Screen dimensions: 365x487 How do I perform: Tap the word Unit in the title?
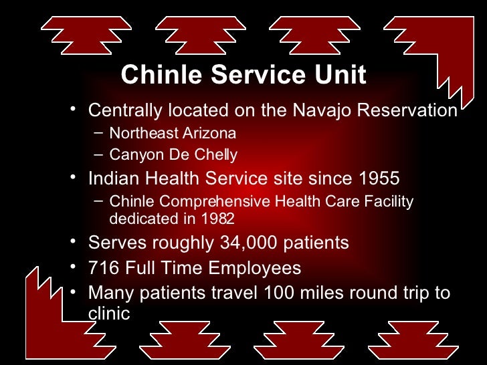tap(339, 75)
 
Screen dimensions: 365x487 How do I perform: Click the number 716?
tap(104, 268)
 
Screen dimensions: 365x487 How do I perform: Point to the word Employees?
tap(254, 268)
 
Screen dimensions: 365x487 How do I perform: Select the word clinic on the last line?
tap(109, 313)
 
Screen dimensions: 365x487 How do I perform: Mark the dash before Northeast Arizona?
tap(98, 132)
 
